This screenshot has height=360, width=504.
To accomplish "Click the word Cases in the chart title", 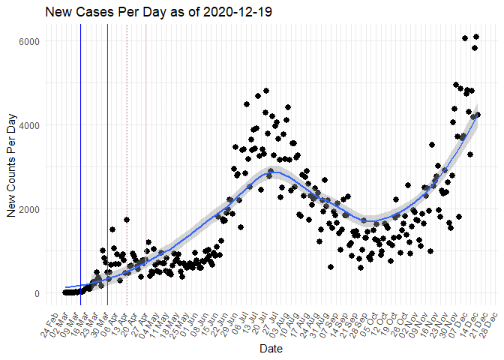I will (x=95, y=13).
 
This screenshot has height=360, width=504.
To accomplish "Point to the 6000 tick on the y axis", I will (x=28, y=40).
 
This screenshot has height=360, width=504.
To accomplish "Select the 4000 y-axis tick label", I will (x=28, y=124).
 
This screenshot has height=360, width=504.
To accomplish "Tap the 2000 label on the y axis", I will (x=28, y=209).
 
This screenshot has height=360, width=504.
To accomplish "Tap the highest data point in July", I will (x=266, y=91).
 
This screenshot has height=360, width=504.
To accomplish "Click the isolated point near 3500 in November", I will (x=432, y=145).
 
